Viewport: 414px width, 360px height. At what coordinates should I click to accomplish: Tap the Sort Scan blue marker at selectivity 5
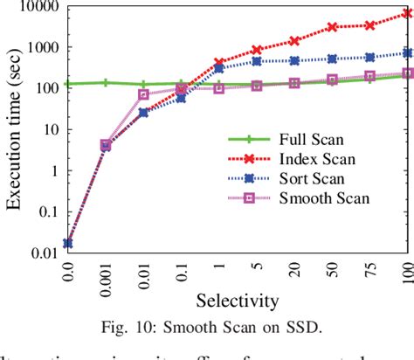(257, 61)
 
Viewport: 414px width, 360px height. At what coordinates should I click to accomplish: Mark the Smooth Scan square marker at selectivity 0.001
(106, 144)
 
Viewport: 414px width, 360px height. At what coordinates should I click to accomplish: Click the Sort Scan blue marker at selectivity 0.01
(143, 113)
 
